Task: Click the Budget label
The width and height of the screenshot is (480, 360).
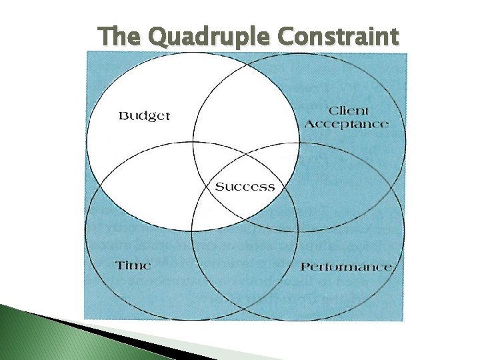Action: [144, 116]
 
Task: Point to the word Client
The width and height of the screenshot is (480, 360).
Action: [349, 111]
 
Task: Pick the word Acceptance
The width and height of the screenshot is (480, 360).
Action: [347, 125]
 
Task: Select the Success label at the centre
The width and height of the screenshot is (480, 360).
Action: [244, 187]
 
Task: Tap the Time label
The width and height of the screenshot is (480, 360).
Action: [133, 265]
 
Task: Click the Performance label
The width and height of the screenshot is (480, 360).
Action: [345, 267]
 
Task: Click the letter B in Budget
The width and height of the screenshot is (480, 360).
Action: [123, 116]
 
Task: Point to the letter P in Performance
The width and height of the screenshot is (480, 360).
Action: [305, 267]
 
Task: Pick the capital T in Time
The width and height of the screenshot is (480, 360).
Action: [119, 265]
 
